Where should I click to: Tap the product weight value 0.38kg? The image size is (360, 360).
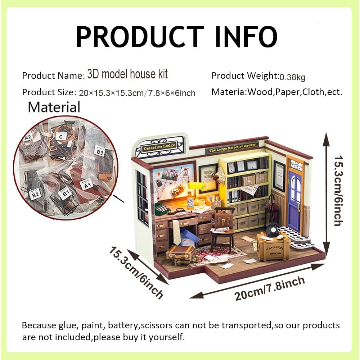point(293,77)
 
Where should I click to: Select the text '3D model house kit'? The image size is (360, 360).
point(127,74)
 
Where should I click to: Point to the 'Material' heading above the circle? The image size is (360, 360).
point(54,107)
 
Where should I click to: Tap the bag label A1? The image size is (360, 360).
point(86,185)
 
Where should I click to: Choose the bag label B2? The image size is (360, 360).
point(35,195)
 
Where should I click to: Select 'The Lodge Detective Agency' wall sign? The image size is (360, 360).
point(232,147)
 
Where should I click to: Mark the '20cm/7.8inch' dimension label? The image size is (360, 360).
point(269,288)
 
